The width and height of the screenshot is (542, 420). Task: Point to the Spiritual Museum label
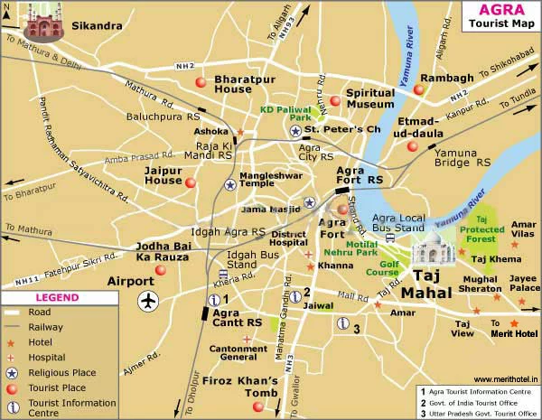click(371, 98)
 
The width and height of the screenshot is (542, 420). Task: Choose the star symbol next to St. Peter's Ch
click(295, 131)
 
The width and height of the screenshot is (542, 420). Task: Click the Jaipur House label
click(164, 174)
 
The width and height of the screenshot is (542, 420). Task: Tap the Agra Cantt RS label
click(237, 316)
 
